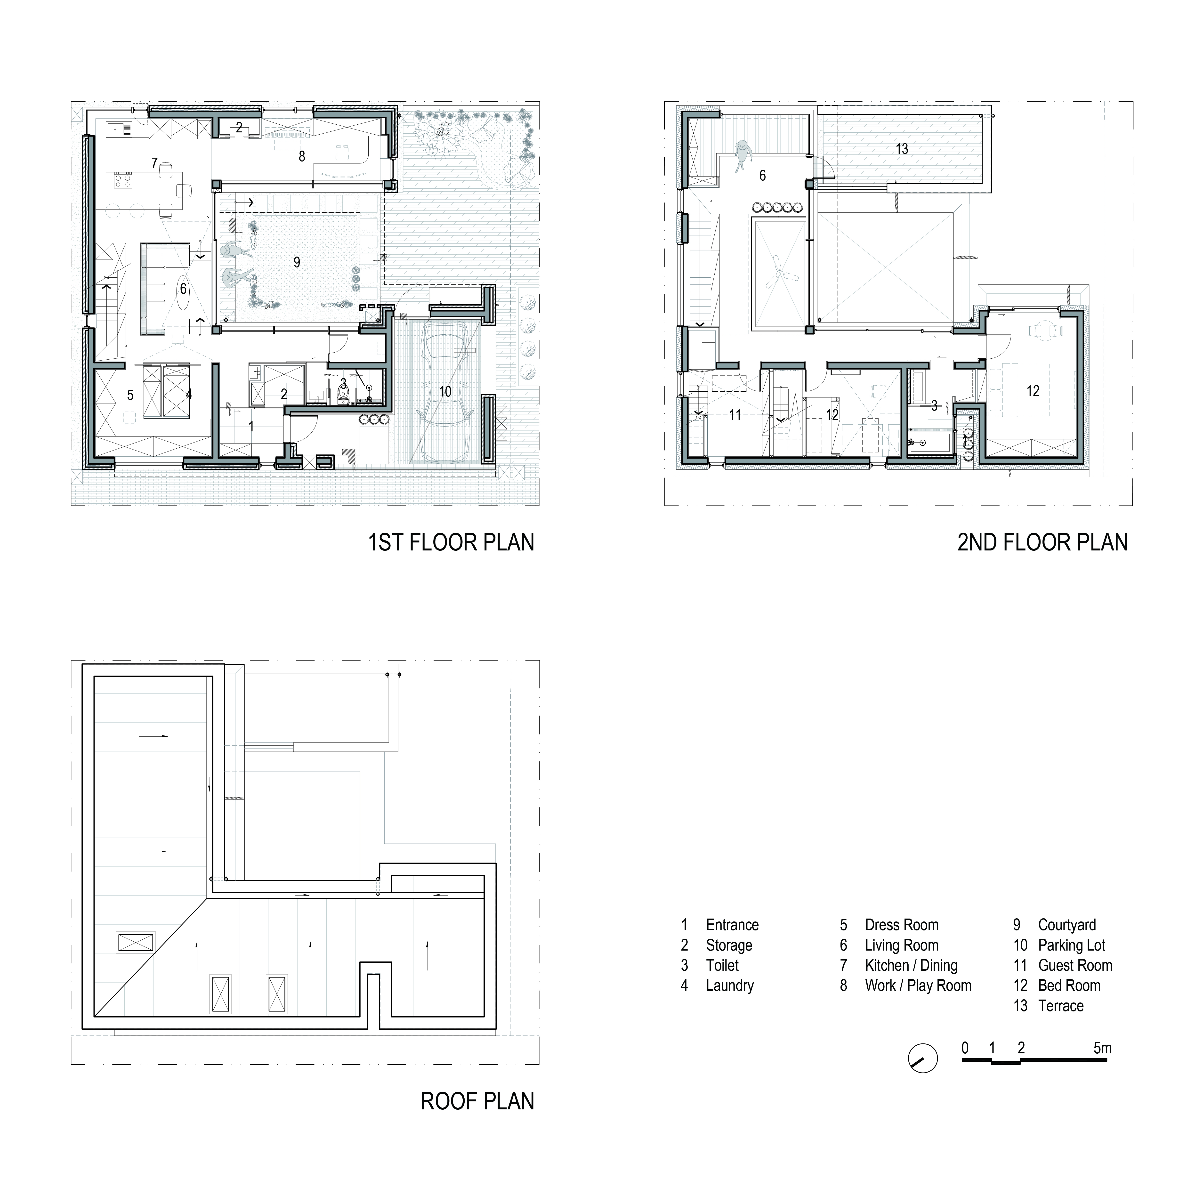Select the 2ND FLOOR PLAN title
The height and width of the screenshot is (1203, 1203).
pyautogui.click(x=1042, y=542)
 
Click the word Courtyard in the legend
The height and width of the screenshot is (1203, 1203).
pyautogui.click(x=1067, y=925)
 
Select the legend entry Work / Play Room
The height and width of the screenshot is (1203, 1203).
pyautogui.click(x=918, y=986)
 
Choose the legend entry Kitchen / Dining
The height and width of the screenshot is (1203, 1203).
pyautogui.click(x=911, y=966)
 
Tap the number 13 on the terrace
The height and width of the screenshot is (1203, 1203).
pyautogui.click(x=902, y=149)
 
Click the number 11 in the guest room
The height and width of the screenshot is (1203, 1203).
pyautogui.click(x=735, y=415)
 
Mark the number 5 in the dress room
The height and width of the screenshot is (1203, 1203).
pyautogui.click(x=130, y=395)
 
